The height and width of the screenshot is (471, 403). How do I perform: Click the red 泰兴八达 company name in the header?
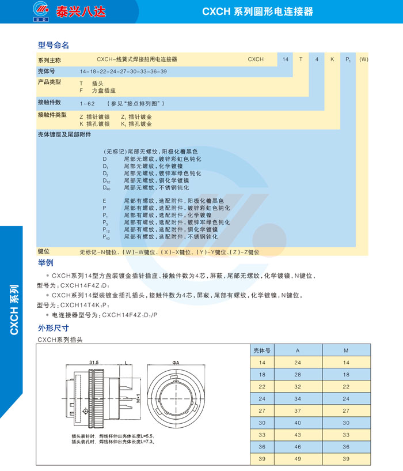click(81, 11)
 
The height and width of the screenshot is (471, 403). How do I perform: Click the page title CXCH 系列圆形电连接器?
click(257, 11)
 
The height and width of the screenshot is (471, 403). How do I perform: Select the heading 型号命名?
click(54, 45)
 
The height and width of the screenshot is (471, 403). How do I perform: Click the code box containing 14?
click(285, 59)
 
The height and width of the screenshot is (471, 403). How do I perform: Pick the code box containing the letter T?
click(301, 59)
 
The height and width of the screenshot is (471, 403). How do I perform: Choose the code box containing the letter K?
click(332, 59)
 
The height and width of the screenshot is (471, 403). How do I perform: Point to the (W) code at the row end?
click(363, 59)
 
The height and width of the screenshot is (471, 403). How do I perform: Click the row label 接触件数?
click(49, 102)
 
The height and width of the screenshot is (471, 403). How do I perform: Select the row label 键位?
click(44, 252)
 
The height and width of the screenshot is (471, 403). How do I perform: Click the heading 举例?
click(45, 263)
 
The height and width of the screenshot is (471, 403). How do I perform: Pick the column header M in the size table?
click(346, 350)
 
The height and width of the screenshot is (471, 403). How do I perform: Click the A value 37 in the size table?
click(298, 410)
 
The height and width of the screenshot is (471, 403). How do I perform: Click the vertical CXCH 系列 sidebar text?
click(15, 309)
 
